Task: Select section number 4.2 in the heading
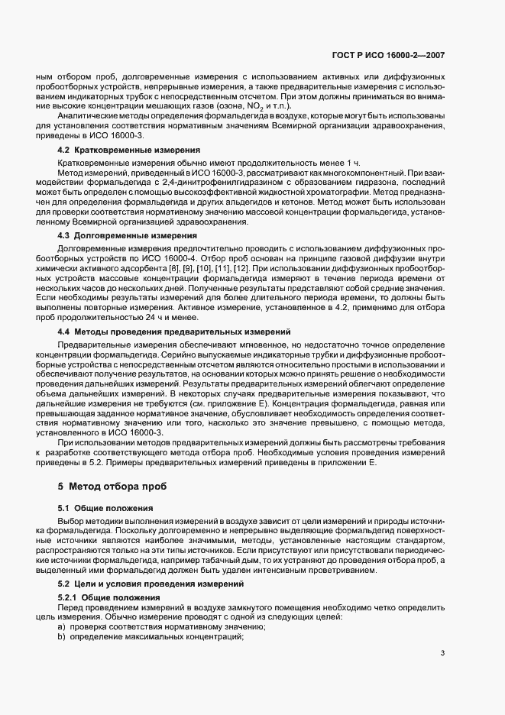(65, 150)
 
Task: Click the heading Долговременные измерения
(131, 236)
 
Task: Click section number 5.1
(65, 508)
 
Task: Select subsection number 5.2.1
(68, 596)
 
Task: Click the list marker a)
(62, 626)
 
